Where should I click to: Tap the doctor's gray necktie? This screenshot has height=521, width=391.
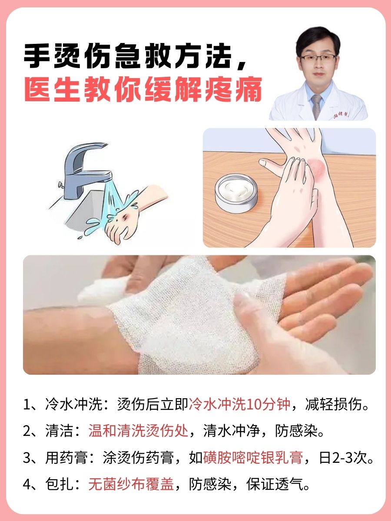click(317, 106)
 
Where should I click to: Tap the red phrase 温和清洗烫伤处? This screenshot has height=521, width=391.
click(138, 432)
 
